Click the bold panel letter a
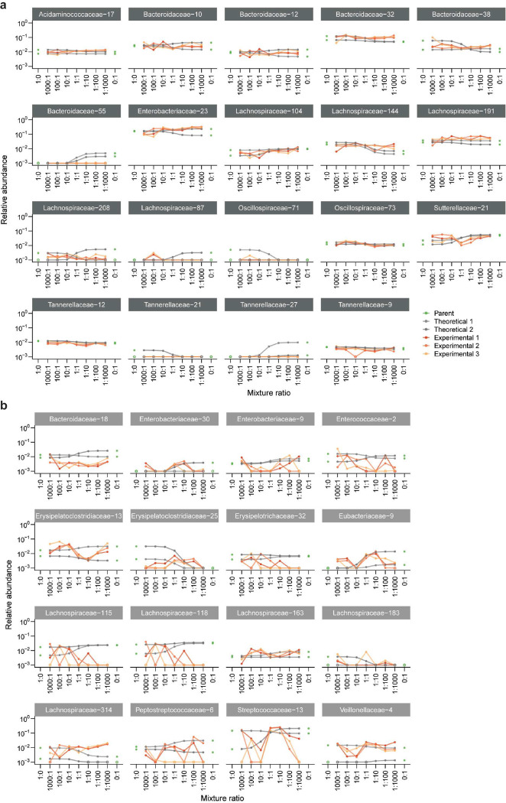tap(5, 5)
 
